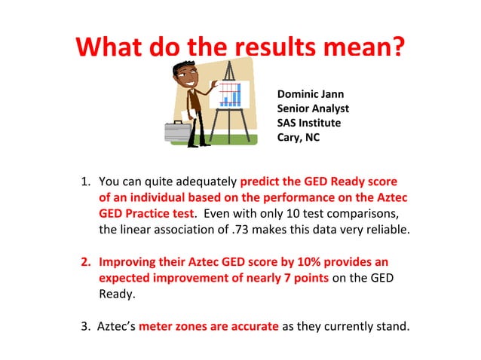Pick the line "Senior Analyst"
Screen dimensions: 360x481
313,108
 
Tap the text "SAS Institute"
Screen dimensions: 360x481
309,123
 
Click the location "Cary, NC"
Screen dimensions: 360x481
299,137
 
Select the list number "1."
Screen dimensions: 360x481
86,182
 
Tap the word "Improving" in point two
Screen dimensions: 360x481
127,261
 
